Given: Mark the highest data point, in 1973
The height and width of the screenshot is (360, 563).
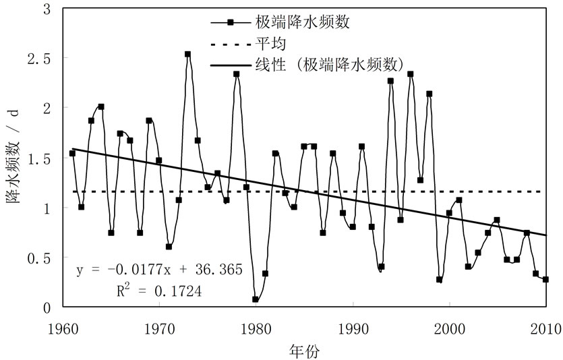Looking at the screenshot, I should pyautogui.click(x=188, y=54).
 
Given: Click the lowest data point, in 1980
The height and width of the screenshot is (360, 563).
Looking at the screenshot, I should pyautogui.click(x=256, y=299).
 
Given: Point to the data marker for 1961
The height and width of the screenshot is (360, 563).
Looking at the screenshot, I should pyautogui.click(x=72, y=153).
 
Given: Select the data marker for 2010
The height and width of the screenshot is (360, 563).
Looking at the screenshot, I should pyautogui.click(x=545, y=279).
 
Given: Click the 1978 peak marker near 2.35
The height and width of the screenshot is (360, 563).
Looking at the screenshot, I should pyautogui.click(x=237, y=74).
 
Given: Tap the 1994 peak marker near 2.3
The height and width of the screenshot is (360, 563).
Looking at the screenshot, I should pyautogui.click(x=390, y=81).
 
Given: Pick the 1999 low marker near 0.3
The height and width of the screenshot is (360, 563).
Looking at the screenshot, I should pyautogui.click(x=439, y=279).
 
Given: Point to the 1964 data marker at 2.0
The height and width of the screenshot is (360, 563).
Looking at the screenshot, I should pyautogui.click(x=101, y=107).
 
